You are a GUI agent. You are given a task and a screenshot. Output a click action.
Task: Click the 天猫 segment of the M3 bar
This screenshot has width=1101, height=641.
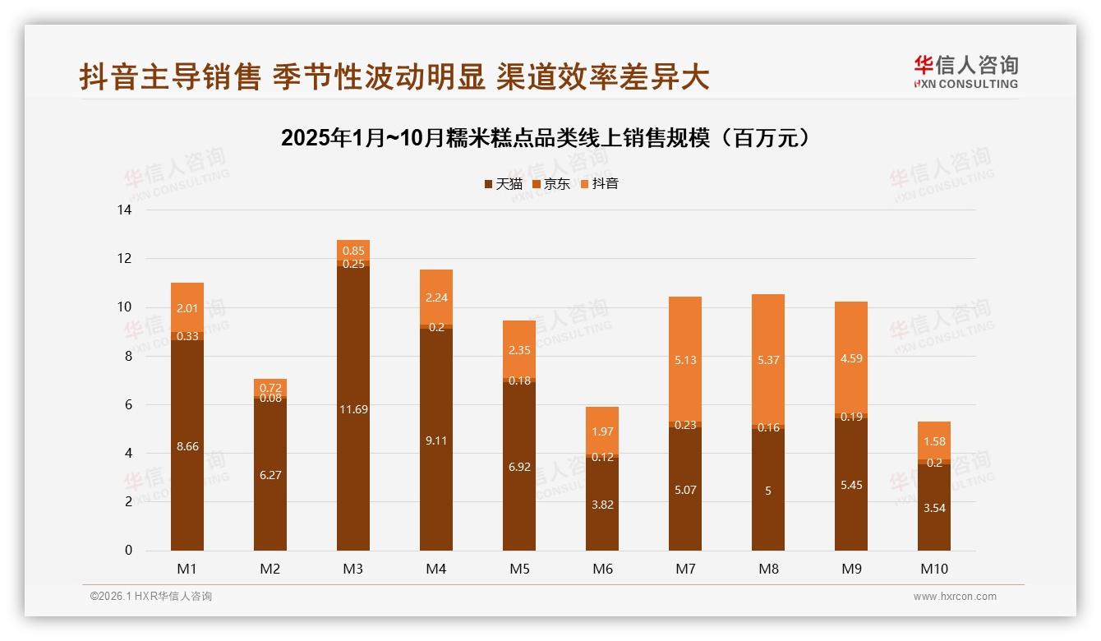(353, 408)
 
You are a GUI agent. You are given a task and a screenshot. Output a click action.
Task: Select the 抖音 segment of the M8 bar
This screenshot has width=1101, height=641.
(768, 359)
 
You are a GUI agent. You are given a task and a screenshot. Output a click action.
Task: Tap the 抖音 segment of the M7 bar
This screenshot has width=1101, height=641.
(685, 359)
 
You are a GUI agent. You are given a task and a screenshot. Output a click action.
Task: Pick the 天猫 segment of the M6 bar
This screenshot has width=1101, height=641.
(602, 504)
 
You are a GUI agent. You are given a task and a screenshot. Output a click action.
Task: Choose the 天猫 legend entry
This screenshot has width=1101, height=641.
(503, 184)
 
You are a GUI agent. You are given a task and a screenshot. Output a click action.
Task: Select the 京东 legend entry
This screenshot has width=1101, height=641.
(551, 184)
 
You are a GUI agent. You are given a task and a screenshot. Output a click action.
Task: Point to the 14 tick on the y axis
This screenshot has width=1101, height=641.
(125, 210)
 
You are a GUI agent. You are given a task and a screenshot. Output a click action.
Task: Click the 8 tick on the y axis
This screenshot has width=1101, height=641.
(128, 357)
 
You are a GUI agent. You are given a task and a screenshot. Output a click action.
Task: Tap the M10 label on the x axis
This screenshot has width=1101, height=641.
(933, 569)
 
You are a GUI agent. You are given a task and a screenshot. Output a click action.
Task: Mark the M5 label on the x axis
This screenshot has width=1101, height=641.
(519, 569)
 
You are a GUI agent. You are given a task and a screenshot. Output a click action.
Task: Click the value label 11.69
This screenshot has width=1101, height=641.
(353, 409)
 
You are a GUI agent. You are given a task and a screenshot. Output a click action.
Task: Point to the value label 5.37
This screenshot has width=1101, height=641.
(768, 359)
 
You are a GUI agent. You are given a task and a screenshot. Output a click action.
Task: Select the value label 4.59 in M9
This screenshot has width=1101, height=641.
(851, 358)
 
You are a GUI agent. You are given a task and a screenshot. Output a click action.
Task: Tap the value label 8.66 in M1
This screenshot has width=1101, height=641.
(187, 446)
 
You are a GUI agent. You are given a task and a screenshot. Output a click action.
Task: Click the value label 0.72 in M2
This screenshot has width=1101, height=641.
(270, 387)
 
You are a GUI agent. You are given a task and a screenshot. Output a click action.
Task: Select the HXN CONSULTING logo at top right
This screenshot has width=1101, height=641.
(965, 72)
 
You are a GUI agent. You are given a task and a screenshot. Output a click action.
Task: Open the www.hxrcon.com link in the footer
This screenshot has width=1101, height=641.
(955, 597)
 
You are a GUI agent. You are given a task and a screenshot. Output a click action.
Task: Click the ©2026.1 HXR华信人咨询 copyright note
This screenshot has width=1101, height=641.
(150, 597)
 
